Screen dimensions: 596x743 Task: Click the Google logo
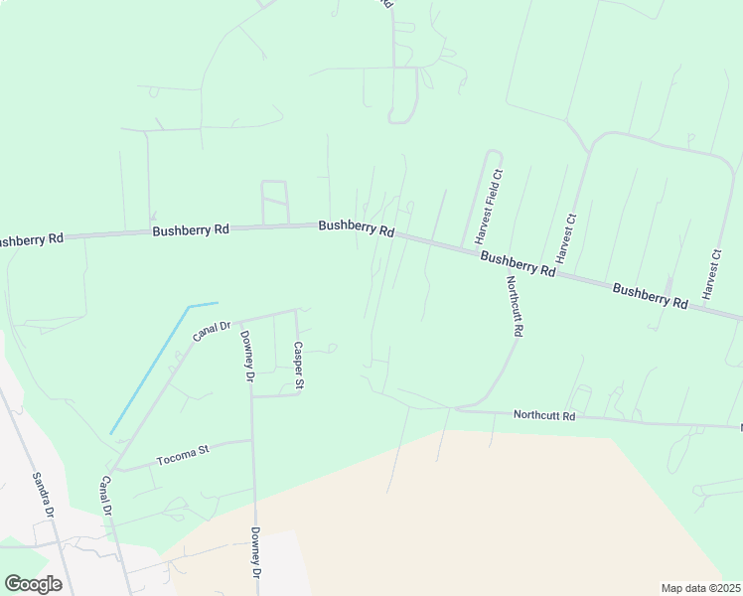point(33,584)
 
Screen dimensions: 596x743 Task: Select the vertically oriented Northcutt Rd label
point(514,307)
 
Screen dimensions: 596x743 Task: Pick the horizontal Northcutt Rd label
point(544,416)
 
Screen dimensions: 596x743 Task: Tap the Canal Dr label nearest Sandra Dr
point(104,496)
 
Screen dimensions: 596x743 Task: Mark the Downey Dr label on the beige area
point(255,553)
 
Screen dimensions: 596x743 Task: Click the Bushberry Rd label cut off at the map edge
point(30,239)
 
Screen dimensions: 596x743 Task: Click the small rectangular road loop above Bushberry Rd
point(273,202)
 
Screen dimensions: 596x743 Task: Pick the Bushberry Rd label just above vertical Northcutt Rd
point(518,263)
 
